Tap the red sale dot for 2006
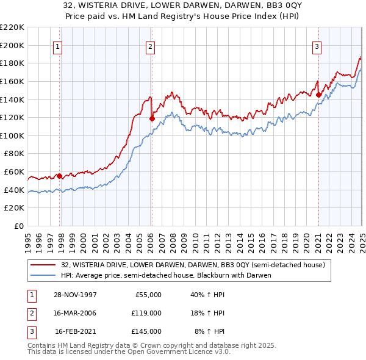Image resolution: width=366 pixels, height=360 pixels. click(x=152, y=118)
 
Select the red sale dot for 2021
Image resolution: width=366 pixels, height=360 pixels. click(x=318, y=95)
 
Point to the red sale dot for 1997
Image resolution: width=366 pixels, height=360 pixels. click(x=60, y=176)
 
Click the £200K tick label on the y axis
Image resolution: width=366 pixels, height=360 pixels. click(x=12, y=45)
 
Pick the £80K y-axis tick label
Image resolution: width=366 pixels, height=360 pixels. click(x=14, y=154)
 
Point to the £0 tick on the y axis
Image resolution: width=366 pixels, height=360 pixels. click(x=19, y=226)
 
